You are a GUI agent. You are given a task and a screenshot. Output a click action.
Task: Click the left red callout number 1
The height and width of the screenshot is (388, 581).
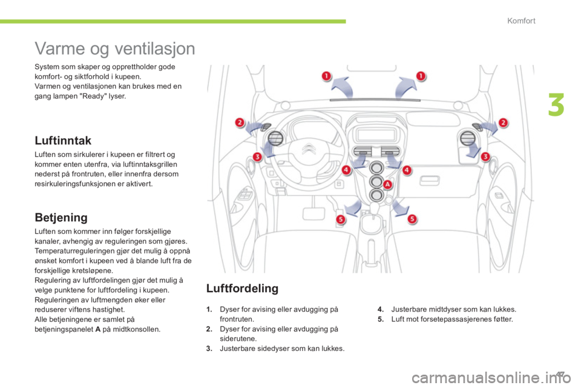pos(326,76)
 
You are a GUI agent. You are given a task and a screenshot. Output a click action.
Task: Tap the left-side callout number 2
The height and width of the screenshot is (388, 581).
pos(240,123)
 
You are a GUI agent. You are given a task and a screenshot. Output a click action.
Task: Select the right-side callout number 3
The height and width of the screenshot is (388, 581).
pos(485,156)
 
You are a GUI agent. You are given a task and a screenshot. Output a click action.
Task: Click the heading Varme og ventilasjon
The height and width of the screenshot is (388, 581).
pos(114,47)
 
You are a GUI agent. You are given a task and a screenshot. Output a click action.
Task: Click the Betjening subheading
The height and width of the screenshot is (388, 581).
pos(61,216)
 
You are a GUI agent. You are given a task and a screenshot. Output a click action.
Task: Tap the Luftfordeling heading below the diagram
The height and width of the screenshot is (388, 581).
pos(242,289)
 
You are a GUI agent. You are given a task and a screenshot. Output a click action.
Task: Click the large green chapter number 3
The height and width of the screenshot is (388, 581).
pos(556,105)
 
